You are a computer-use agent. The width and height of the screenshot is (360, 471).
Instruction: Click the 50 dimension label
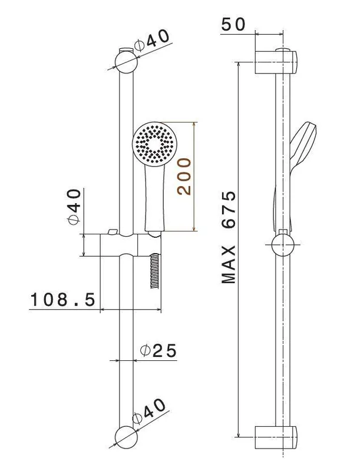(x=233, y=25)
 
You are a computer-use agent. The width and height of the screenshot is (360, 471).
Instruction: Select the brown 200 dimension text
(x=184, y=177)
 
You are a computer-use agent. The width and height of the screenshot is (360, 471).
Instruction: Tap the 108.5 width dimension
(x=63, y=300)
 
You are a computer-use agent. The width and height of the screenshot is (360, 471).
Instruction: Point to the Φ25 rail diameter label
(x=158, y=350)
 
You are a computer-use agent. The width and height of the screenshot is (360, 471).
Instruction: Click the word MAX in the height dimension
(x=229, y=264)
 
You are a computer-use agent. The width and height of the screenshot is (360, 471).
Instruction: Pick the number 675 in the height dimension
(x=229, y=210)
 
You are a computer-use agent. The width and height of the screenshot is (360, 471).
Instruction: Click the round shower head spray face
(x=154, y=143)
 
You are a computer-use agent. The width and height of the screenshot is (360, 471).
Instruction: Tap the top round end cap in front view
(x=127, y=62)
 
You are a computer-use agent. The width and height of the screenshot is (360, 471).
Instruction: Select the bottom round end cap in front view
(x=127, y=437)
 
